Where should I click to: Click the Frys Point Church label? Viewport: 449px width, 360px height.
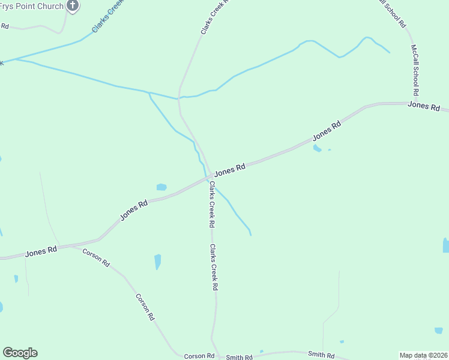click(x=31, y=7)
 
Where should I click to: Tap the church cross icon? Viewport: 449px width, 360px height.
click(x=72, y=7)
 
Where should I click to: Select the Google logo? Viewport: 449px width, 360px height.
click(x=20, y=353)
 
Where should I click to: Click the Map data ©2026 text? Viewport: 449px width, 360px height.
click(x=423, y=355)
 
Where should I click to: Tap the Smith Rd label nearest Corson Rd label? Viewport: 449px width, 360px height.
click(x=239, y=358)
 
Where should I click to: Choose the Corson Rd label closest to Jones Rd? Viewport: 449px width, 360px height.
click(x=96, y=257)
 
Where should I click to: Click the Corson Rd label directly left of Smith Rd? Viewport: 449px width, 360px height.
click(x=199, y=356)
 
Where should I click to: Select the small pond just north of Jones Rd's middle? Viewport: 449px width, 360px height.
click(x=161, y=187)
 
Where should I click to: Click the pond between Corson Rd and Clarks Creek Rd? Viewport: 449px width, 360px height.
click(x=158, y=262)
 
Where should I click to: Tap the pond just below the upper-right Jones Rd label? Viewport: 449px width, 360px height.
click(x=317, y=148)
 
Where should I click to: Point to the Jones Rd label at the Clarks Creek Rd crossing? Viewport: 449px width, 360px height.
click(x=231, y=170)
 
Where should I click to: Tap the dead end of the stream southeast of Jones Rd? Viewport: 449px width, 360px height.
click(x=250, y=235)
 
